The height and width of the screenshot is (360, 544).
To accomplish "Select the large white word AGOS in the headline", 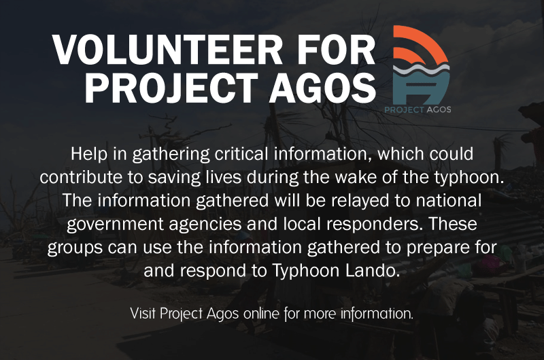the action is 323,88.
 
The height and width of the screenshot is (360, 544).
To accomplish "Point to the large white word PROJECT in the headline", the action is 171,88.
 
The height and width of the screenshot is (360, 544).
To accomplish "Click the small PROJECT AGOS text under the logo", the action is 418,110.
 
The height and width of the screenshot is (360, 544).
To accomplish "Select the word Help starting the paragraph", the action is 89,154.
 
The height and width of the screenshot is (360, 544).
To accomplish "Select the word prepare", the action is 435,248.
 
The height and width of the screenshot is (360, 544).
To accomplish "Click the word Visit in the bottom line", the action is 143,314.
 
